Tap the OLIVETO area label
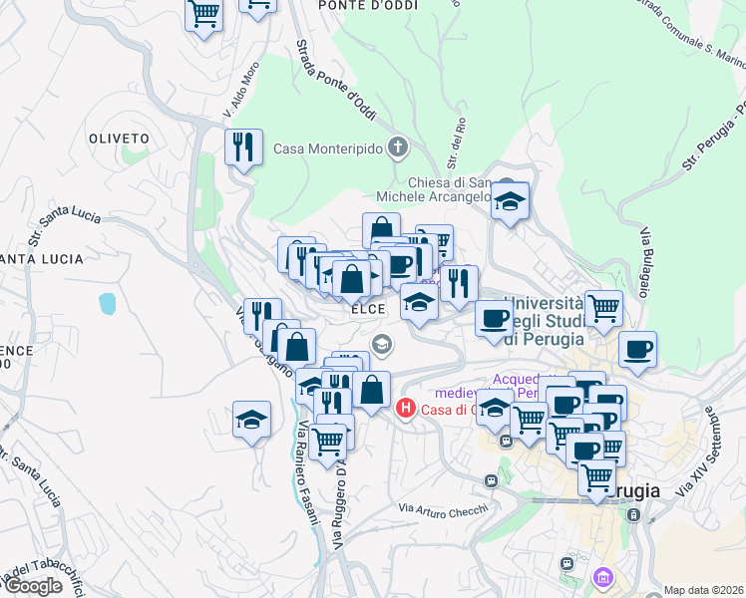tap(119, 138)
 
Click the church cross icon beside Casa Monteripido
tap(398, 149)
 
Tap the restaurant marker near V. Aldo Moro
tap(243, 148)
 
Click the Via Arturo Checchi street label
tap(444, 509)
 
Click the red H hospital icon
tap(405, 408)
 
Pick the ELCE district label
tap(368, 310)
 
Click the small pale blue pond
tap(107, 302)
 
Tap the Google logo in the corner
tap(32, 586)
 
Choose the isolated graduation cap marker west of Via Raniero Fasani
tap(252, 419)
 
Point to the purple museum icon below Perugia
tap(602, 577)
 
